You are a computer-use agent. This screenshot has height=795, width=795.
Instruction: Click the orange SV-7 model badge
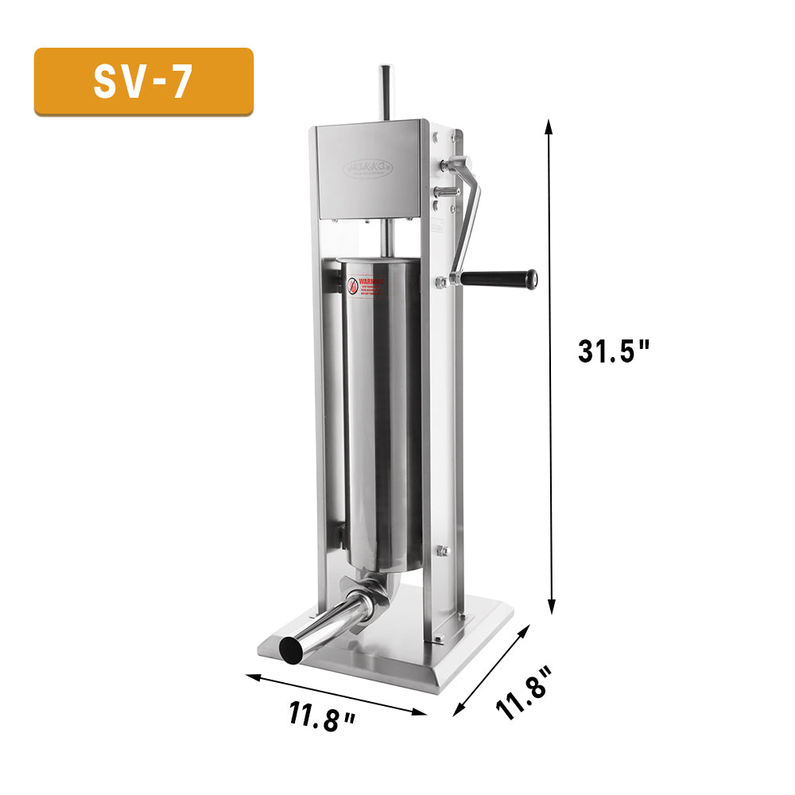tap(143, 81)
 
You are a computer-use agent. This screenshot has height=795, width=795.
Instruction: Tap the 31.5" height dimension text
tap(614, 350)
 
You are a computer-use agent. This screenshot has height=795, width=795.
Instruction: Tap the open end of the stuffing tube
tap(292, 650)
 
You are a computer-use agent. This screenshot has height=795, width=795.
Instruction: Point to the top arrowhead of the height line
tap(548, 124)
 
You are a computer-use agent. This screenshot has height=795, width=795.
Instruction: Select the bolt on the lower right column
tap(443, 551)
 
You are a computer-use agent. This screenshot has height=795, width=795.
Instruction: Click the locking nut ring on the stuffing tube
tap(358, 606)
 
